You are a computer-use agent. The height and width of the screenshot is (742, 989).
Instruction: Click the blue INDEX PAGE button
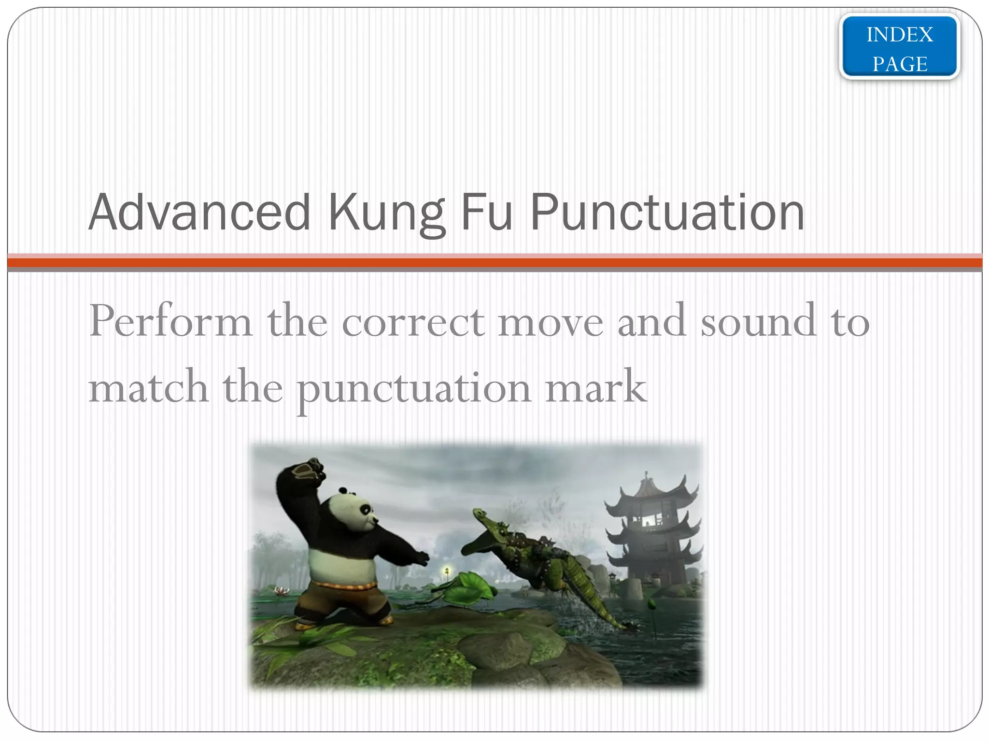[899, 48]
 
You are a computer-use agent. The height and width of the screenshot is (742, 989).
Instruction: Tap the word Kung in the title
[386, 213]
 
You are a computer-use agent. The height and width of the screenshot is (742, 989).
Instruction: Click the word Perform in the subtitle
[170, 321]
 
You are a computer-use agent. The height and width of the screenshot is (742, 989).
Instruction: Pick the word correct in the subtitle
[413, 321]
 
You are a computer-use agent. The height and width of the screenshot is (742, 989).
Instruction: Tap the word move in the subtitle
[551, 321]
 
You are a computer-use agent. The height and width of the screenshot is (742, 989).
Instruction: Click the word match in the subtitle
[148, 387]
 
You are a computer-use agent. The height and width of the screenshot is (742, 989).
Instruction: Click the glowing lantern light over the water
[447, 571]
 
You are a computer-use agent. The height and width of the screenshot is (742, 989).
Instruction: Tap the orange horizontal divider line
[494, 263]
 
